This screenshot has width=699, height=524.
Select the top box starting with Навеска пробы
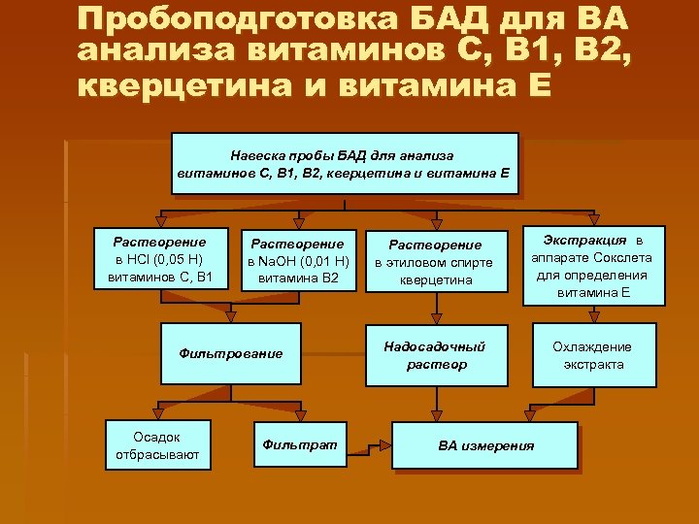click(345, 163)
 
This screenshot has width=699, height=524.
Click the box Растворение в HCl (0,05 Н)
click(159, 260)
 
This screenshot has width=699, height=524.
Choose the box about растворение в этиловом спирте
click(436, 263)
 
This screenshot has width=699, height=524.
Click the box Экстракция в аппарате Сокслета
click(592, 264)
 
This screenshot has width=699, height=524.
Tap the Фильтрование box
click(230, 353)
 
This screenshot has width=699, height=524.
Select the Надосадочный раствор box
click(436, 355)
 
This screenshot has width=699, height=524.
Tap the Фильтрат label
click(299, 443)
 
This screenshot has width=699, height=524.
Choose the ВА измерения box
click(485, 446)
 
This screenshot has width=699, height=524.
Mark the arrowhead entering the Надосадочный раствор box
click(436, 323)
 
